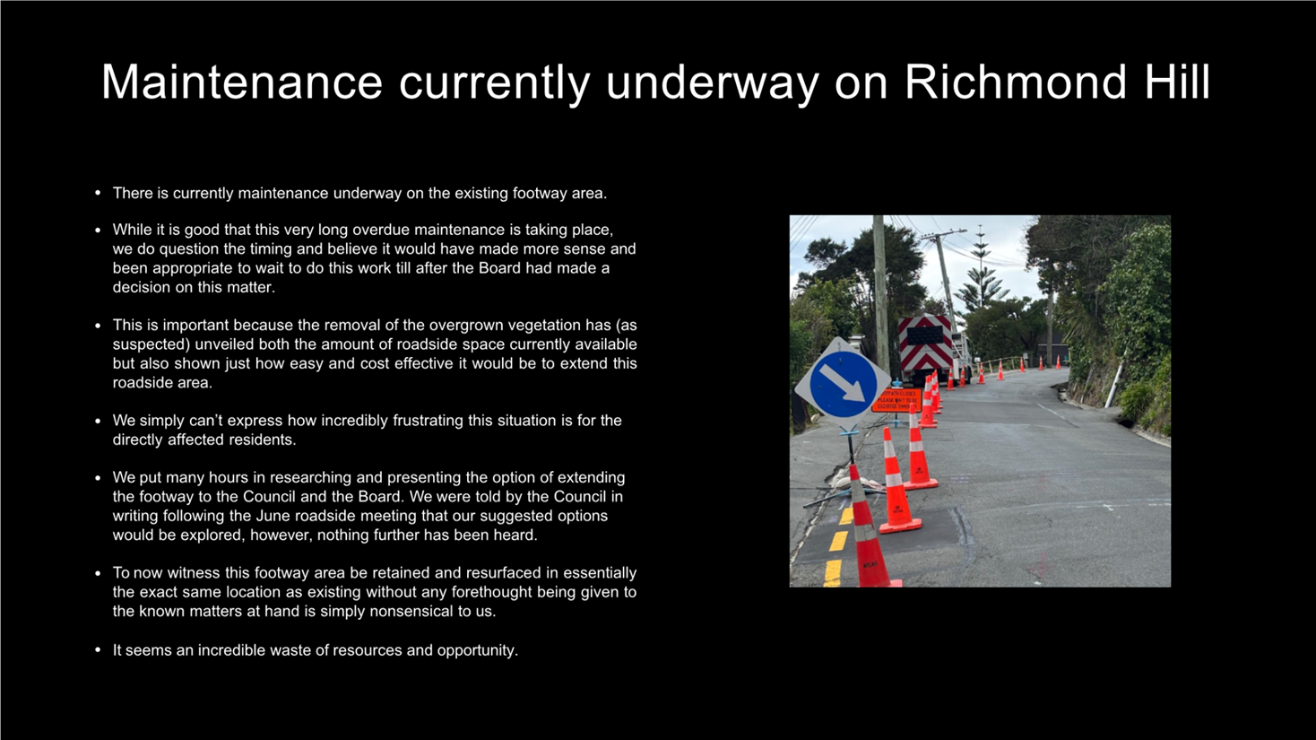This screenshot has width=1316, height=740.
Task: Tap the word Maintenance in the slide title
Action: pos(242,83)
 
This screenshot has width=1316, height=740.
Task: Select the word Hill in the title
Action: pos(1176,83)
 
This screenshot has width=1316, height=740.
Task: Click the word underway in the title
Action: pos(713,83)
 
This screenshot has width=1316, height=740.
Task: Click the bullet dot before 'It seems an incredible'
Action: pos(98,649)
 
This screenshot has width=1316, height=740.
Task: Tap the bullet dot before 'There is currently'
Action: pos(98,193)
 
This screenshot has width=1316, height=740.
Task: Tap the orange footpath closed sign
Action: pos(897,400)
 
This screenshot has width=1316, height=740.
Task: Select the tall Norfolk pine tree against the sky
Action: pos(980,269)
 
